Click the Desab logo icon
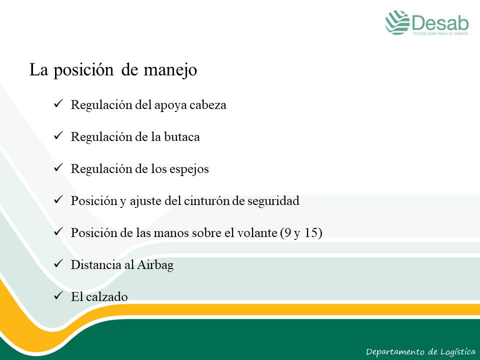[x=397, y=22]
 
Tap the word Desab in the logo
[x=440, y=22]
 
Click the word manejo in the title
[x=170, y=70]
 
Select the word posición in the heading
[x=83, y=70]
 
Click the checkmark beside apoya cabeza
[x=58, y=103]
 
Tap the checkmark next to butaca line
[x=58, y=135]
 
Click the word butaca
[x=182, y=137]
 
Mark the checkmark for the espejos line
[x=58, y=167]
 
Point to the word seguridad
[x=273, y=201]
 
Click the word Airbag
[x=155, y=265]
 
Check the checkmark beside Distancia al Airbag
[x=58, y=263]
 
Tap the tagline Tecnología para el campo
[x=440, y=33]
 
